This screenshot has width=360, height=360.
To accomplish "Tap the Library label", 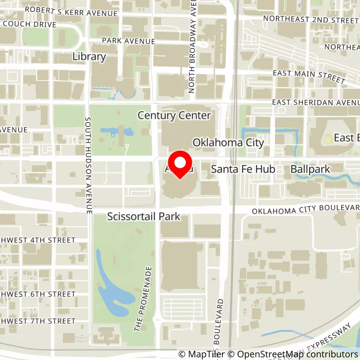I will [89, 57].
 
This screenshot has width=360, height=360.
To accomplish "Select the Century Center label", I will [174, 116].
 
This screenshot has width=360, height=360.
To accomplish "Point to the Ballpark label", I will [310, 170].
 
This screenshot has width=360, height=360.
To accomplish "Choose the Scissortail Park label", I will [144, 217].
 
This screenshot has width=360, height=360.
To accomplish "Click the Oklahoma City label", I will [228, 143].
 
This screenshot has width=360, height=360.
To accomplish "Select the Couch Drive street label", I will [29, 24].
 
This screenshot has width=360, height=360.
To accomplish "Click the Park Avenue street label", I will [128, 41].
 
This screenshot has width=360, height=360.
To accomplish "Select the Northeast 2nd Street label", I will [311, 19].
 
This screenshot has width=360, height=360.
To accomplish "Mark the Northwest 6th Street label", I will [38, 294].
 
